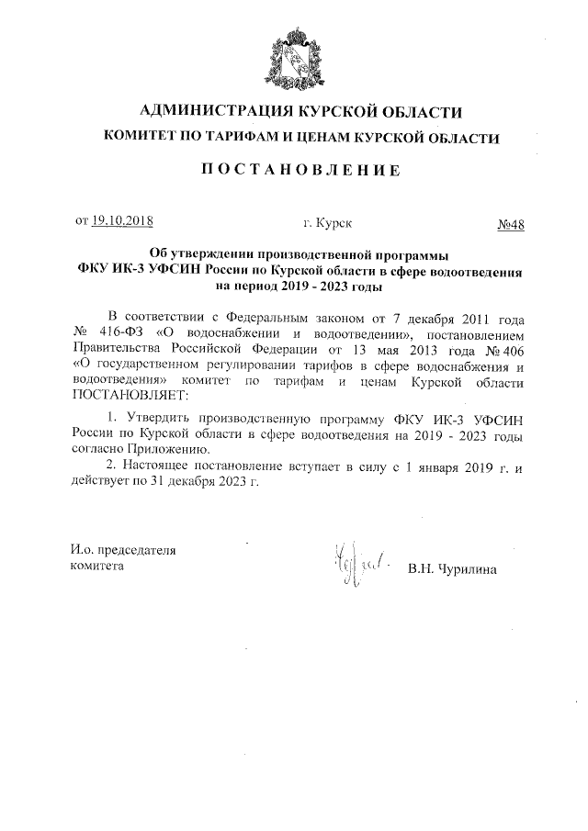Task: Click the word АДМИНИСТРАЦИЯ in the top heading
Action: point(204,112)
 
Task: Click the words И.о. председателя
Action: point(123,551)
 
